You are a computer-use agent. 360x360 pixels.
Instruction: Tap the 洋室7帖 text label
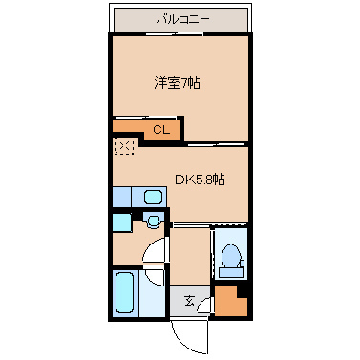click(177, 83)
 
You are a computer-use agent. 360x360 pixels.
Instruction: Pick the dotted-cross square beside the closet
click(123, 147)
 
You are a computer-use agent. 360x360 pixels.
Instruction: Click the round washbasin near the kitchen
click(151, 221)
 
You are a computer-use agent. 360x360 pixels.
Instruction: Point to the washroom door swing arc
click(153, 256)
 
